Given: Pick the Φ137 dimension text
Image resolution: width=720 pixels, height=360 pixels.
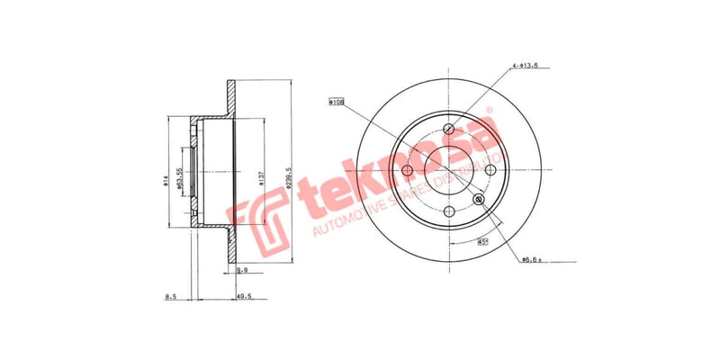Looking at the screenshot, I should point(261,175).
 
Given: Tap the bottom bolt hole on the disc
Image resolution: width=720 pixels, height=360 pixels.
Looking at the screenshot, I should point(449,211).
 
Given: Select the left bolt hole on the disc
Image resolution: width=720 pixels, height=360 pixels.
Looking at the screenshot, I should point(408,170).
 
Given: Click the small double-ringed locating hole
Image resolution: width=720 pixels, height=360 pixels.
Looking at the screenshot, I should point(478,199).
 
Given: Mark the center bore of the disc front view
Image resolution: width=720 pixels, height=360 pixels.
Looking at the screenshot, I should point(449,170).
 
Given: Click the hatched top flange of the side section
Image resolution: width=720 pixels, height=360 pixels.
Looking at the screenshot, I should point(230,99).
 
